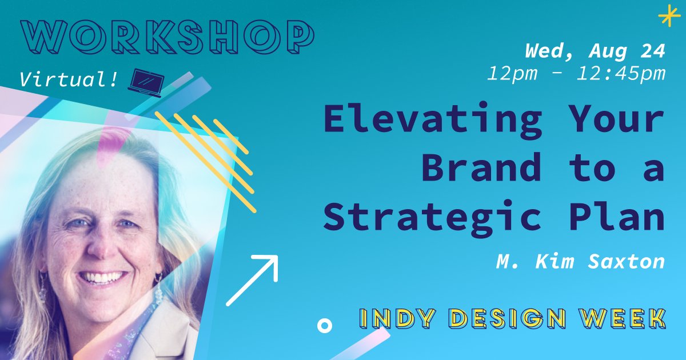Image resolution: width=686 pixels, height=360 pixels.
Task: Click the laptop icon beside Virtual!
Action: coord(146,81)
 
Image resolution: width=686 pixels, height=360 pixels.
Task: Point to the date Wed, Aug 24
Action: coord(595,51)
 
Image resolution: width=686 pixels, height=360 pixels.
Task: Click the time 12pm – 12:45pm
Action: coord(576,73)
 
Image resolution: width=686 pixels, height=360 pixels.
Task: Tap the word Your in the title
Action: coord(618,120)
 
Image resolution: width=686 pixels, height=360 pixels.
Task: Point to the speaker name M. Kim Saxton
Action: coord(580,261)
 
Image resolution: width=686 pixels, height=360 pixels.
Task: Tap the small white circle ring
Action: coord(324,326)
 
